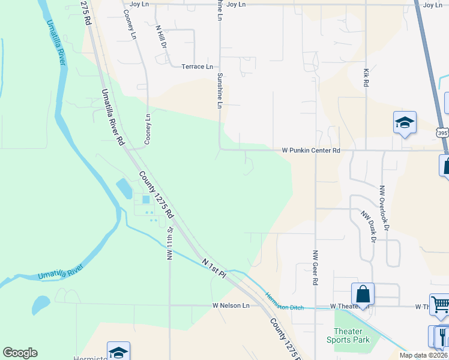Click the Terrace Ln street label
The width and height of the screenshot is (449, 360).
pyautogui.click(x=197, y=67)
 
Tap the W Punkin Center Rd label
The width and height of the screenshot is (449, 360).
pyautogui.click(x=311, y=151)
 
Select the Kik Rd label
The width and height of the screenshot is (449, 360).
pyautogui.click(x=366, y=78)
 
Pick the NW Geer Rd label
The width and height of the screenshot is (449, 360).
pyautogui.click(x=315, y=267)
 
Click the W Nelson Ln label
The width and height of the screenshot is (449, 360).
pyautogui.click(x=231, y=305)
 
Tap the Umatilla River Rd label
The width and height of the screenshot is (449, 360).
pyautogui.click(x=112, y=117)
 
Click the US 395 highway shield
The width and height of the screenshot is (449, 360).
pyautogui.click(x=442, y=133)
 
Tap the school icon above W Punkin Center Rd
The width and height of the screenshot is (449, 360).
pyautogui.click(x=405, y=123)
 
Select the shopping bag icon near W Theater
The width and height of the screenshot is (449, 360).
pyautogui.click(x=363, y=295)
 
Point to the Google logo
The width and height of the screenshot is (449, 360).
pyautogui.click(x=20, y=353)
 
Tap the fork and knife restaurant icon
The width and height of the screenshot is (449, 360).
pyautogui.click(x=443, y=335)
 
